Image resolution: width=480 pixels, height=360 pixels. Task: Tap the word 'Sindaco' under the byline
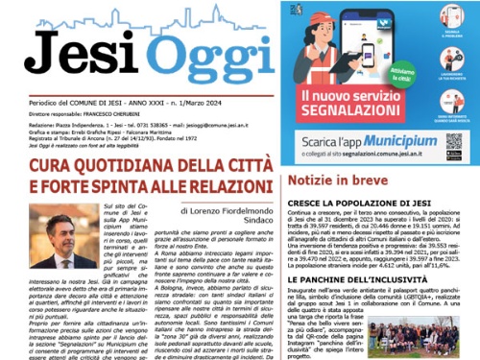click(247, 221)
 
